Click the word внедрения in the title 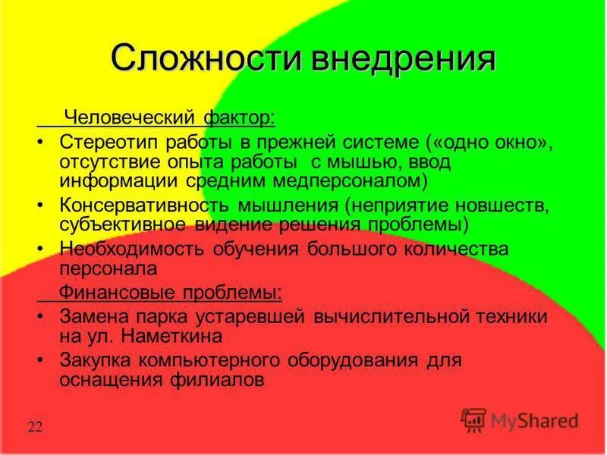pyautogui.click(x=400, y=58)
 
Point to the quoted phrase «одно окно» pyautogui.click(x=495, y=142)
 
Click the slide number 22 pyautogui.click(x=35, y=427)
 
